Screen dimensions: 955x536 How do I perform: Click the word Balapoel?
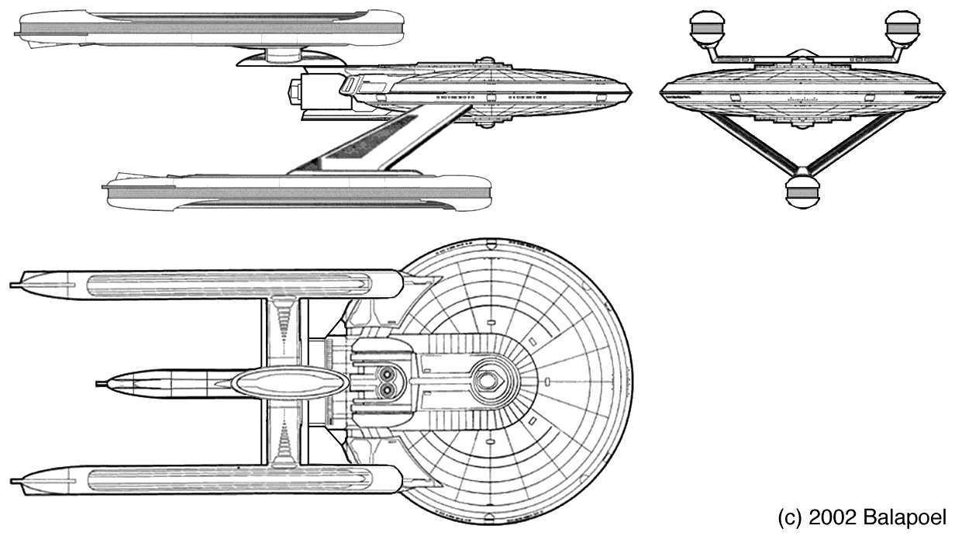click(x=905, y=517)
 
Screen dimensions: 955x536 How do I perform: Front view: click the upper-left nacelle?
click(x=706, y=28)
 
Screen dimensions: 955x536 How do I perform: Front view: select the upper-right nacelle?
click(x=902, y=28)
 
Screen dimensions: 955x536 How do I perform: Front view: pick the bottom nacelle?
click(x=802, y=192)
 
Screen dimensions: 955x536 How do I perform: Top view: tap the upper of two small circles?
click(x=387, y=374)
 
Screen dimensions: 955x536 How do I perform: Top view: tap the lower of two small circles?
click(x=387, y=389)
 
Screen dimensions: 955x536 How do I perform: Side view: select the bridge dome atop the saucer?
click(x=486, y=61)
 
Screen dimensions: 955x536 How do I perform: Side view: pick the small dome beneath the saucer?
click(x=486, y=124)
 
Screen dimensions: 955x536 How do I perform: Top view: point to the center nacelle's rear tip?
click(x=98, y=384)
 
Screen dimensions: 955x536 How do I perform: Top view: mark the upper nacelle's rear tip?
click(x=12, y=285)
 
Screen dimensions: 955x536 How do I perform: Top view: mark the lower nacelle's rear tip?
click(x=12, y=482)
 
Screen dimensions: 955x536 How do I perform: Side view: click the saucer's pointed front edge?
click(x=631, y=92)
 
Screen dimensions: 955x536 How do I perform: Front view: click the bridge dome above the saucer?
click(x=802, y=53)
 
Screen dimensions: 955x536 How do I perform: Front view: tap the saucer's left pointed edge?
click(x=660, y=93)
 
